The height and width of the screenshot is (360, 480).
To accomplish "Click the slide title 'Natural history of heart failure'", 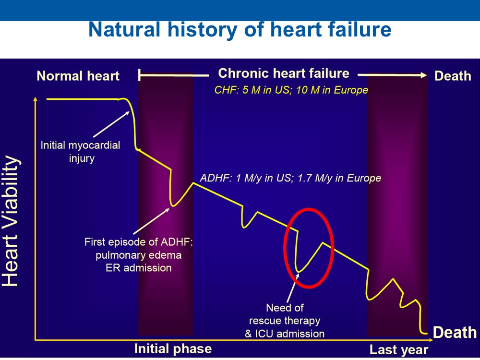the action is click(240, 30).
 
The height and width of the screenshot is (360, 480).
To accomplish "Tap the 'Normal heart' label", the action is click(78, 76).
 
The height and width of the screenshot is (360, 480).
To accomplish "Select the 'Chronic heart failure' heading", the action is click(284, 73).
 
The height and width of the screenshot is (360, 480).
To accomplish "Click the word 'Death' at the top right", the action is click(453, 76).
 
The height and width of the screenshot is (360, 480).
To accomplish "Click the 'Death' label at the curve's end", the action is click(455, 333).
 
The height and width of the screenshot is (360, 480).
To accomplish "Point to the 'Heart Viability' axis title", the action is click(10, 221).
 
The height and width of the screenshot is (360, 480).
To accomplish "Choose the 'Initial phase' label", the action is click(173, 348).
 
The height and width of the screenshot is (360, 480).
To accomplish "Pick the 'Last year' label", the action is click(398, 349).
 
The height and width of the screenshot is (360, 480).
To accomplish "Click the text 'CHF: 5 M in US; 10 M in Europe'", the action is click(291, 90).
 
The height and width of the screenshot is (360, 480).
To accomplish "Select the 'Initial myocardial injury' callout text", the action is click(81, 152).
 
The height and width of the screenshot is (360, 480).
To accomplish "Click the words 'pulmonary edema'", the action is click(138, 255).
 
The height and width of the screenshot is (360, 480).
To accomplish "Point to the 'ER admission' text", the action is click(138, 268).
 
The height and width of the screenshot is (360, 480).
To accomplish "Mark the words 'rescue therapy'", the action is click(284, 321).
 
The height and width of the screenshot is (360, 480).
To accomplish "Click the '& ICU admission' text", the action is click(285, 334).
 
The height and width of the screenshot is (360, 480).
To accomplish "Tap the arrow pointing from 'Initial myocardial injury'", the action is click(111, 124).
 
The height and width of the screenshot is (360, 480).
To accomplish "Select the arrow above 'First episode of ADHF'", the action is click(152, 221).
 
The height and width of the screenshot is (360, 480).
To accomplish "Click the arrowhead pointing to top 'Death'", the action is click(424, 75).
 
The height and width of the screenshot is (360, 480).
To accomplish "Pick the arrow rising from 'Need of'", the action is click(293, 288).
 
